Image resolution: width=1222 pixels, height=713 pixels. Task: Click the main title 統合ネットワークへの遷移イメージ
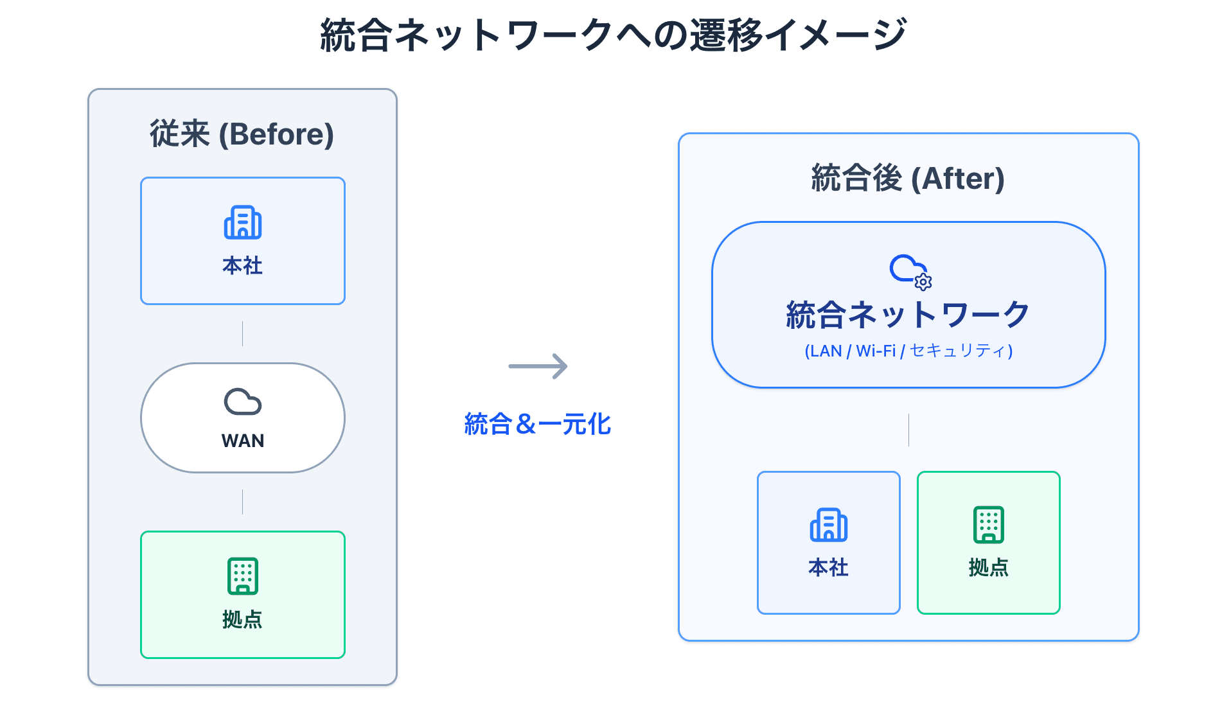pos(613,35)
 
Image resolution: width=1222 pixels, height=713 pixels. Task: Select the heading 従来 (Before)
pos(242,134)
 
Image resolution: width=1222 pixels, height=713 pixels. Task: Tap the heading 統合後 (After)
pos(908,179)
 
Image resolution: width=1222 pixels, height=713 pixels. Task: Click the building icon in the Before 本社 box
pos(243,222)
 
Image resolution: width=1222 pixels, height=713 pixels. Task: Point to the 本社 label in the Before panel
pos(243,265)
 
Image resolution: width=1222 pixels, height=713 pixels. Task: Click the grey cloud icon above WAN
pos(243,402)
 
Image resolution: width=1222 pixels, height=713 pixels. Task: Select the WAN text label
pos(243,441)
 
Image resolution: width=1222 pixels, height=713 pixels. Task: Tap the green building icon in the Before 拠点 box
pos(243,576)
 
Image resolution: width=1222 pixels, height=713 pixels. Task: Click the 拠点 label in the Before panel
pos(243,619)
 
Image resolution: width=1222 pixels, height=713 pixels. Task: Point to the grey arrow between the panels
pos(538,366)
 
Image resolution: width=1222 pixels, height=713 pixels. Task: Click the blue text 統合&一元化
pos(538,424)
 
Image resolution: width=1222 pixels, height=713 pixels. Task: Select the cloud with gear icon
pos(909,271)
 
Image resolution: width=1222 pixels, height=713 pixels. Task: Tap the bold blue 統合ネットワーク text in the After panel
pos(908,315)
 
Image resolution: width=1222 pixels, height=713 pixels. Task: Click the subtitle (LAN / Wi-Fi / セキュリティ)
pos(908,351)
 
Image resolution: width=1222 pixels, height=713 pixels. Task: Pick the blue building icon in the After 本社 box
pos(829,525)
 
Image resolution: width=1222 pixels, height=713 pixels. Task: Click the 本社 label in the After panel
pos(829,567)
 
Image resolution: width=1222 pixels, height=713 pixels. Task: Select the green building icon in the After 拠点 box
pos(989,524)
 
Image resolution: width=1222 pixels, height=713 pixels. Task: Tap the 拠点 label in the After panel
pos(989,567)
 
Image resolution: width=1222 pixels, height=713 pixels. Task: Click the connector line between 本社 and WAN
pos(242,333)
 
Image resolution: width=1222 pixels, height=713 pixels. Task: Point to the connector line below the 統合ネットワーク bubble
pos(908,430)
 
